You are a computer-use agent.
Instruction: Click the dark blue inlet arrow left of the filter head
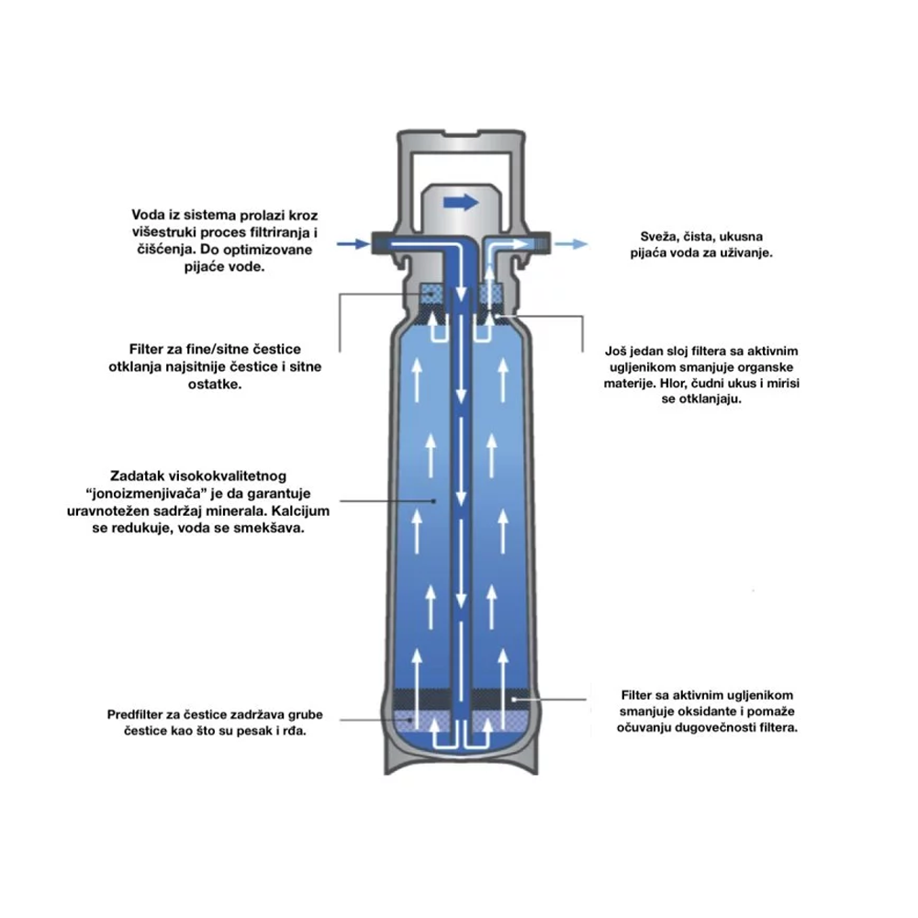click(353, 243)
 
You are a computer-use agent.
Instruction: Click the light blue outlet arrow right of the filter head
click(571, 244)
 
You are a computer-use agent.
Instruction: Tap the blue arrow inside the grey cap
click(462, 203)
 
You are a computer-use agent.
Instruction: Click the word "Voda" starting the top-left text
click(146, 215)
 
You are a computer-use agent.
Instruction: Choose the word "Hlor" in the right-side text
click(673, 384)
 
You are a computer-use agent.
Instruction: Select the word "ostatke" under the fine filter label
click(214, 384)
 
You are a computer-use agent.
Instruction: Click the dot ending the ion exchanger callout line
click(434, 501)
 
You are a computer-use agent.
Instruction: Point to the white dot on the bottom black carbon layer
click(513, 699)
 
